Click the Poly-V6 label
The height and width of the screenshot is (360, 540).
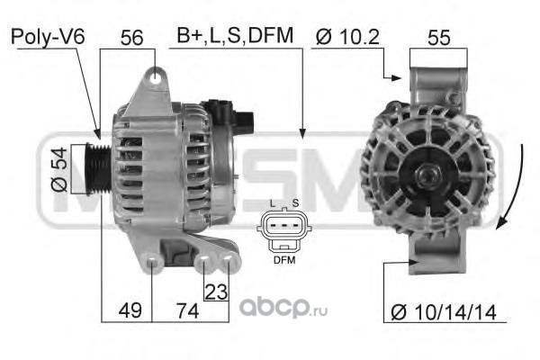click(48, 37)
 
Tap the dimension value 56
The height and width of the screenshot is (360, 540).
click(131, 38)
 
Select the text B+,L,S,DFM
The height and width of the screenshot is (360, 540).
click(235, 35)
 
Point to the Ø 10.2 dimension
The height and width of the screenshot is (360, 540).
click(347, 37)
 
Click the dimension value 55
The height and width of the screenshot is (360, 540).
click(439, 38)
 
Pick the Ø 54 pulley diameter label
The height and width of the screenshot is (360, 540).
click(58, 169)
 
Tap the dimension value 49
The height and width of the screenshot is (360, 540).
click(130, 310)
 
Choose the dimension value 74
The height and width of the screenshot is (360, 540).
click(188, 310)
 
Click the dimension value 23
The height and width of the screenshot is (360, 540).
click(216, 292)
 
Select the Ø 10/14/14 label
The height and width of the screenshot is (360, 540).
click(444, 312)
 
